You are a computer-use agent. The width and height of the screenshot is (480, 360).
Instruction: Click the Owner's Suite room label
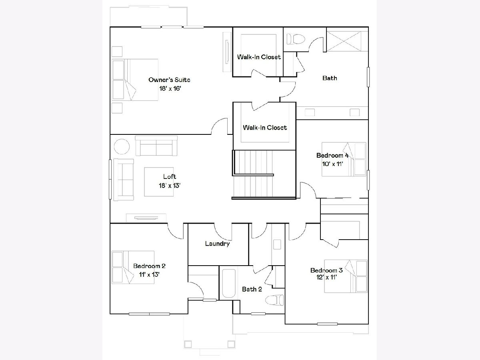click(x=169, y=80)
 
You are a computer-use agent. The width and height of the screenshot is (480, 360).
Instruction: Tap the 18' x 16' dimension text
click(x=170, y=88)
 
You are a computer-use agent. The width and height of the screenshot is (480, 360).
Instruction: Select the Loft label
click(x=170, y=176)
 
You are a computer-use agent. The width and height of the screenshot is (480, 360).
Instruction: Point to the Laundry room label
click(x=217, y=244)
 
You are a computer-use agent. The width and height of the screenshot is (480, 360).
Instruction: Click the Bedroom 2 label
click(x=149, y=266)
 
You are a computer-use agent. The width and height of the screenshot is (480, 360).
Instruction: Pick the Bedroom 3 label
click(x=326, y=270)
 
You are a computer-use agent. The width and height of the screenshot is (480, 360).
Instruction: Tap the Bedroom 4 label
click(x=332, y=156)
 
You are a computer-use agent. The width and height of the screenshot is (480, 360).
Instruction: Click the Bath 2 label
click(x=252, y=289)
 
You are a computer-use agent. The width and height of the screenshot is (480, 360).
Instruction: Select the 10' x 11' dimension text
click(x=333, y=164)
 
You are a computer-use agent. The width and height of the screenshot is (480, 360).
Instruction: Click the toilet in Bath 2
click(x=275, y=300)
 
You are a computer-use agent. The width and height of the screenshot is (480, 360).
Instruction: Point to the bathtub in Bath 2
click(x=229, y=283)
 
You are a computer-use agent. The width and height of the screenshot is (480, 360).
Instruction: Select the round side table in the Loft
click(x=122, y=147)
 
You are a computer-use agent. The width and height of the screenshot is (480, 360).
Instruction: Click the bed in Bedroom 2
click(x=133, y=267)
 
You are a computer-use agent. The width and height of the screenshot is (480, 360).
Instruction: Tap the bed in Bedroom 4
click(x=344, y=159)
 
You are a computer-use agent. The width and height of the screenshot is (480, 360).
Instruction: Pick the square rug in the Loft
click(x=159, y=182)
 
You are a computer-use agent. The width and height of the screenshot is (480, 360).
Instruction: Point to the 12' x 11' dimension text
click(x=326, y=277)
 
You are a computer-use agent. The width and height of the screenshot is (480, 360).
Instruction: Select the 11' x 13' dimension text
click(x=149, y=274)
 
